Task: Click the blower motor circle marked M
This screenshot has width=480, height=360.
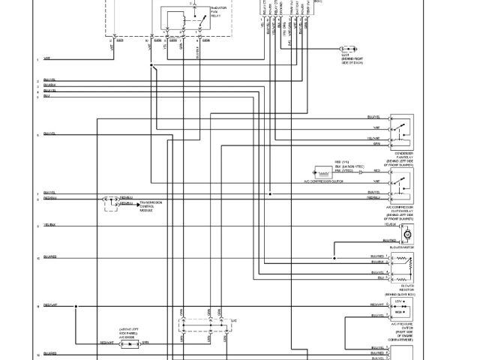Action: pos(409,235)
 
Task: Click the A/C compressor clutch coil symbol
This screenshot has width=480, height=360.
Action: pos(325,170)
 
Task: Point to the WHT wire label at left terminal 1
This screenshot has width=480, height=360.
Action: pos(47,58)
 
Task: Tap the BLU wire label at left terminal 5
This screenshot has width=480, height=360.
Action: pos(47,96)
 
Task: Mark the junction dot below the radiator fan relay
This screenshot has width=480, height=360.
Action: pos(151,66)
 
